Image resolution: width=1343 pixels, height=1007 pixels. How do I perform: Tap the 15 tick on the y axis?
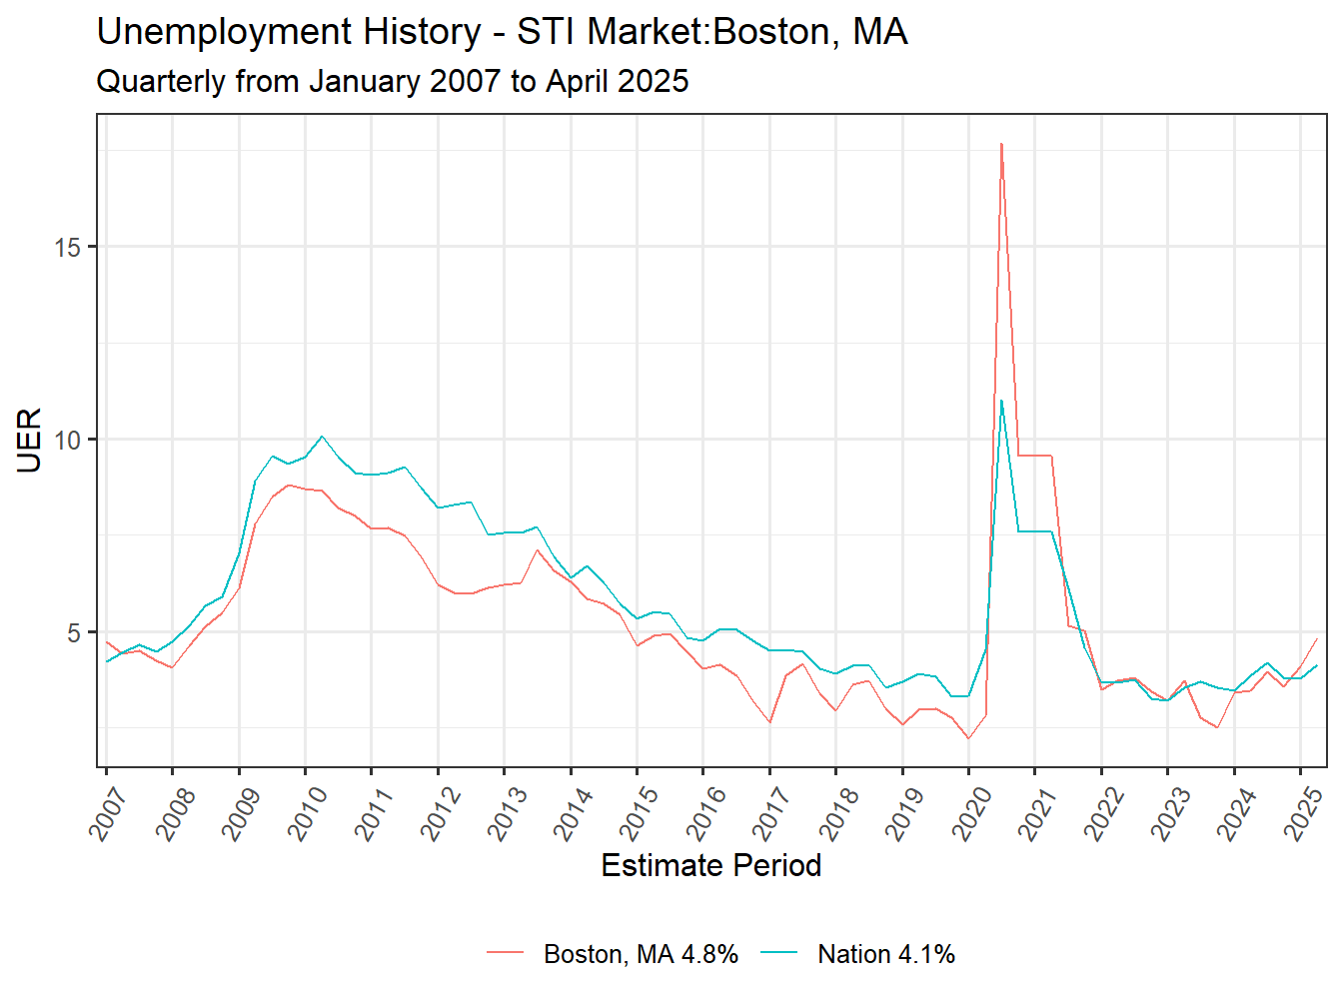pyautogui.click(x=68, y=247)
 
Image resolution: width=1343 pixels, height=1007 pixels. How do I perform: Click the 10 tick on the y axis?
pyautogui.click(x=68, y=440)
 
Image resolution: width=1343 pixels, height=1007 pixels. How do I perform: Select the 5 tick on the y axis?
pyautogui.click(x=75, y=632)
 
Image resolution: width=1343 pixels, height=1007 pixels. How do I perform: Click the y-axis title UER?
pyautogui.click(x=30, y=440)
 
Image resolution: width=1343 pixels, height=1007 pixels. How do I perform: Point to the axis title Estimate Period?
pyautogui.click(x=710, y=865)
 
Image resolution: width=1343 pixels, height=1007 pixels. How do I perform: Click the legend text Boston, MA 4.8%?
pyautogui.click(x=641, y=954)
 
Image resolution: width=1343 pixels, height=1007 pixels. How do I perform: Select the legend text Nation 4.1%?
pyautogui.click(x=885, y=954)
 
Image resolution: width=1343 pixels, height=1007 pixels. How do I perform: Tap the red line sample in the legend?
pyautogui.click(x=506, y=954)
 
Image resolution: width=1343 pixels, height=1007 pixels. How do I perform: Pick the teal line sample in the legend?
pyautogui.click(x=779, y=954)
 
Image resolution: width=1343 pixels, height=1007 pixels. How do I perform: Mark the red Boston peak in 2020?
pyautogui.click(x=1001, y=144)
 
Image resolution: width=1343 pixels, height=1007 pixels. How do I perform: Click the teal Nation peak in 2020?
pyautogui.click(x=1001, y=401)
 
